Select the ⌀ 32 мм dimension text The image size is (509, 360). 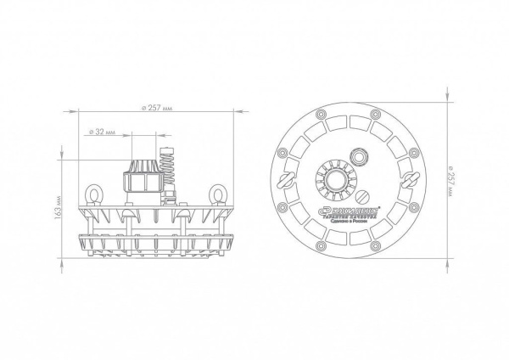pos(102,132)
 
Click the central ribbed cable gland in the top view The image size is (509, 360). pos(334,179)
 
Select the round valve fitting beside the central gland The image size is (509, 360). pos(361,157)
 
